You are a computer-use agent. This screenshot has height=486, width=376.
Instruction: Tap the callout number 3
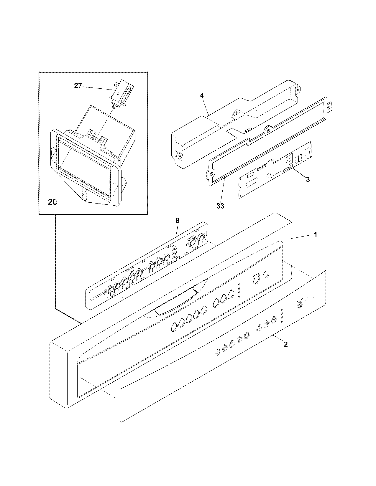click(x=308, y=179)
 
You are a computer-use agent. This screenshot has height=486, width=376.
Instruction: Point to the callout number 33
click(x=220, y=206)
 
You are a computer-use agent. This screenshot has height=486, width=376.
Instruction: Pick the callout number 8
click(x=177, y=220)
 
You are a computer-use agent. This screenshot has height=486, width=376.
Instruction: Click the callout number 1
click(x=315, y=235)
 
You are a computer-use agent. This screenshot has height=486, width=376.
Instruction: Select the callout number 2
click(x=285, y=344)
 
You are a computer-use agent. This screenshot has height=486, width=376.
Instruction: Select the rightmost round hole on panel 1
click(x=265, y=275)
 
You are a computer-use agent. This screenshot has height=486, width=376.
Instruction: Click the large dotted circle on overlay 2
click(x=299, y=305)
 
